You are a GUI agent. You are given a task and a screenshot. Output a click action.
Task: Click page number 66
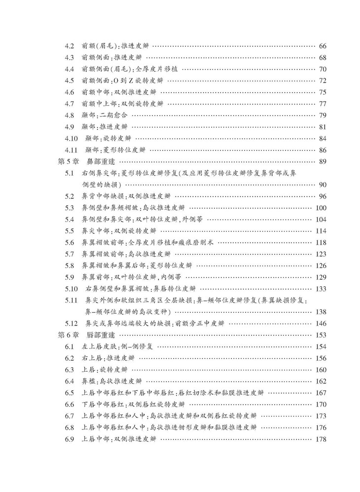coord(324,46)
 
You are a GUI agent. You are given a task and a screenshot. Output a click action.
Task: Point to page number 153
coord(321,335)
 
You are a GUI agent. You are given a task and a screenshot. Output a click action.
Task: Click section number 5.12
coord(71,323)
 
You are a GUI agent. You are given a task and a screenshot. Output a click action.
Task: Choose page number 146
coord(321,323)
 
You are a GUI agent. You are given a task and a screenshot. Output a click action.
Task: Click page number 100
coord(321,208)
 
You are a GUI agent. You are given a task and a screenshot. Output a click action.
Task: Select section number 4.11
coord(71,150)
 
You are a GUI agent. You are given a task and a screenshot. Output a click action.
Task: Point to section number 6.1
coord(70,346)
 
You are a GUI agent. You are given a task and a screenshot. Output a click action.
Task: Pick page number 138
coord(321,312)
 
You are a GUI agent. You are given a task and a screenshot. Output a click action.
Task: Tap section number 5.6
coord(70,242)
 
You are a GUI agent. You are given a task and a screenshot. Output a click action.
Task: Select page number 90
coord(324,185)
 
